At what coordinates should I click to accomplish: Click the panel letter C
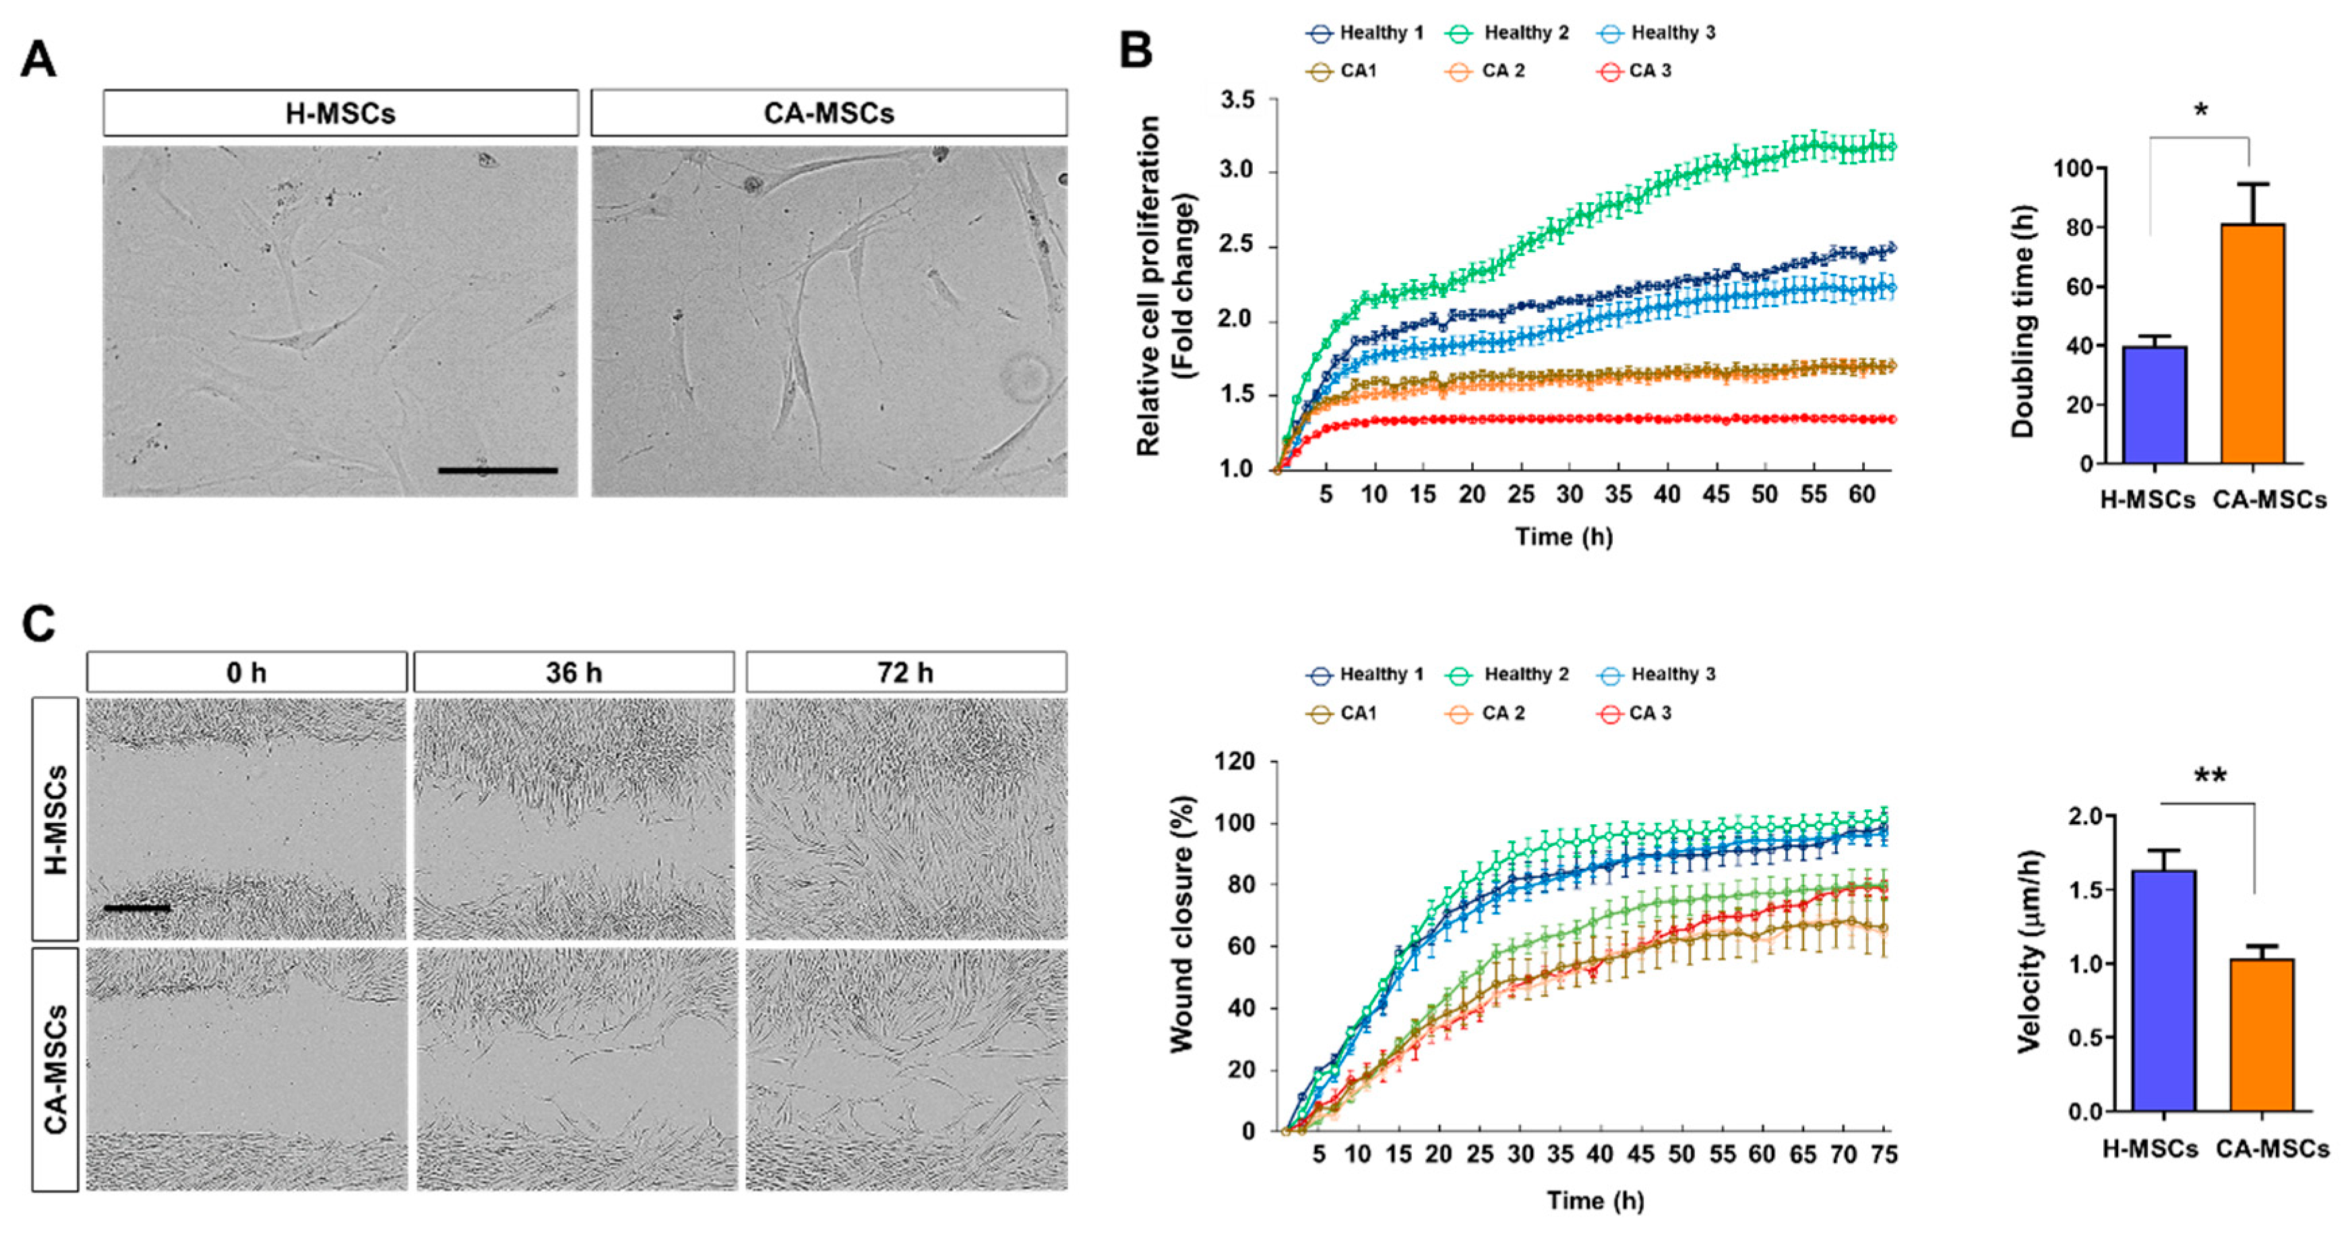(38, 625)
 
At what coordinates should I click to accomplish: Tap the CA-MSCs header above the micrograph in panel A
(828, 113)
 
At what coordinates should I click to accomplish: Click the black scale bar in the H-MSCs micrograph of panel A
(497, 470)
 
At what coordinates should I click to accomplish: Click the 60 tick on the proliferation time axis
(1861, 494)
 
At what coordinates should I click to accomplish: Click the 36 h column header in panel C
(574, 672)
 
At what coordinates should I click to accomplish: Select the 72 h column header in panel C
(905, 672)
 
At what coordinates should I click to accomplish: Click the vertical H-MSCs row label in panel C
(55, 819)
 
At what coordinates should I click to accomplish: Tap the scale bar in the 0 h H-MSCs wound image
(137, 908)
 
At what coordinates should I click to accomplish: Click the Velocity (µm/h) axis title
(2029, 951)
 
